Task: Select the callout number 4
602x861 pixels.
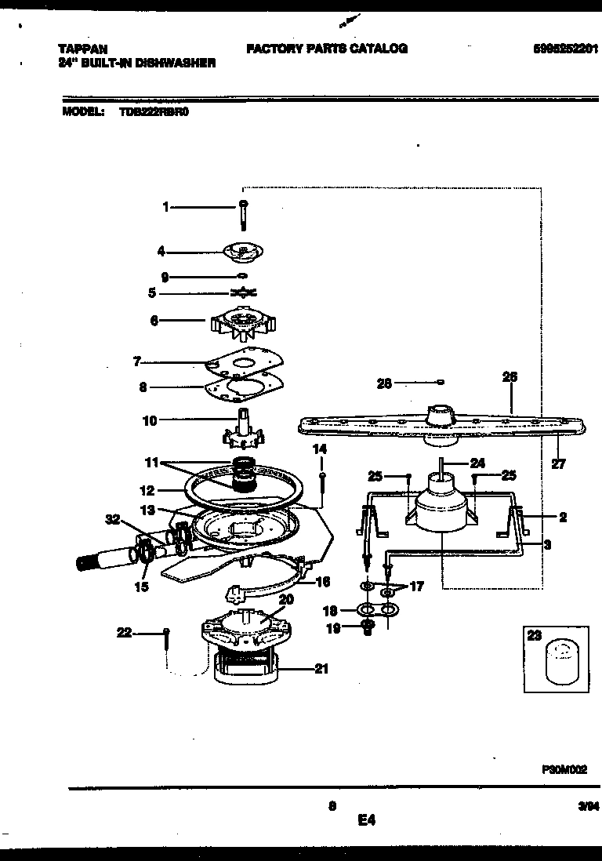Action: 161,252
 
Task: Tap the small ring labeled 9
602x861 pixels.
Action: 243,276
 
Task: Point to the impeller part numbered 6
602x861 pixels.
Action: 243,322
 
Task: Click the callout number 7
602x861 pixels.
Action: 136,361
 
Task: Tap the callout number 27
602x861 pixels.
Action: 557,463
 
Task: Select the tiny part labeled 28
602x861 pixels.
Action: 441,382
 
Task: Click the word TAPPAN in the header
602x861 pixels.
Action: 83,49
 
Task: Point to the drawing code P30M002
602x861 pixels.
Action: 564,771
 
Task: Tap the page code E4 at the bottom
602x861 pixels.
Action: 366,821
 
